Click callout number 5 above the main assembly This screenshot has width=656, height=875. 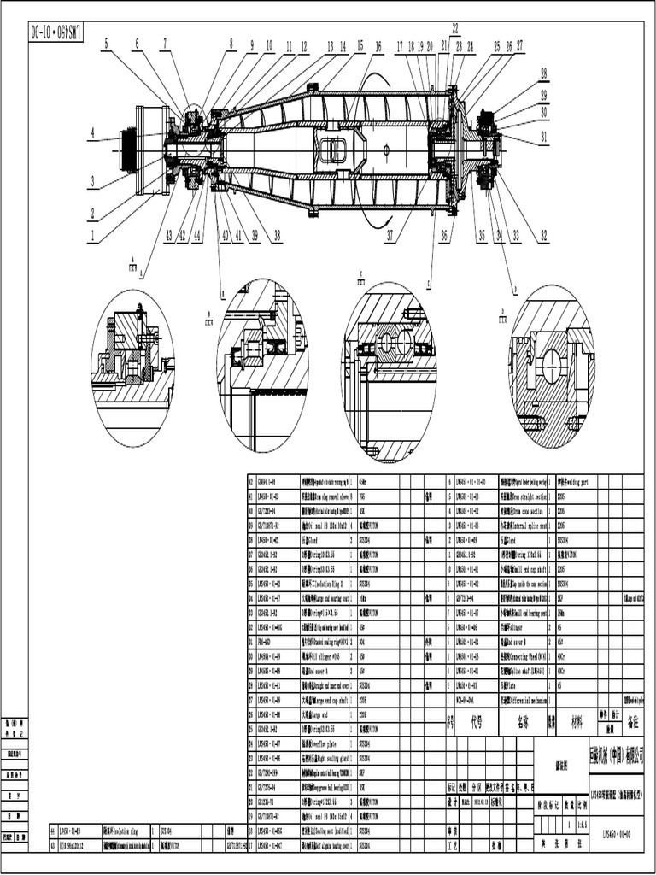point(107,42)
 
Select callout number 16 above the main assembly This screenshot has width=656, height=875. point(378,47)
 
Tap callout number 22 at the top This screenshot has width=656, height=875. point(455,28)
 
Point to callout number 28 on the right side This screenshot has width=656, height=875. point(543,74)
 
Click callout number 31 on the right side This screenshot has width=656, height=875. point(544,136)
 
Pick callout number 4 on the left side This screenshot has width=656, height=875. point(91,132)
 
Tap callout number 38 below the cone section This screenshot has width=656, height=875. point(277,236)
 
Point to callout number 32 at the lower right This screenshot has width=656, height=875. point(543,236)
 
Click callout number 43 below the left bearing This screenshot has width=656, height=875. point(169,236)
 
